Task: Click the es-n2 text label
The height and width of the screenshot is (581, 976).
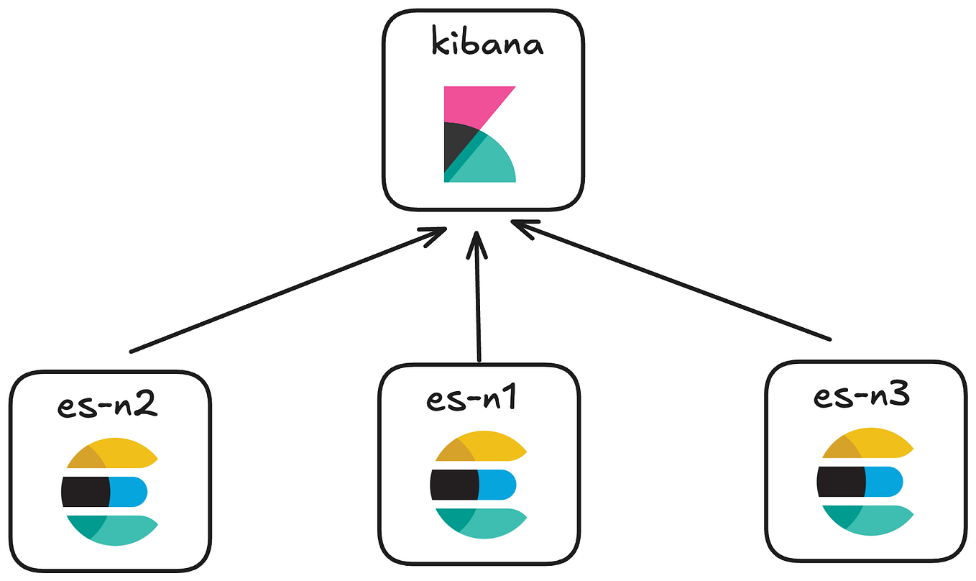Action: coord(107,406)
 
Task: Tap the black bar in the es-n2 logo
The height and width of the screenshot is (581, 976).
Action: coord(84,492)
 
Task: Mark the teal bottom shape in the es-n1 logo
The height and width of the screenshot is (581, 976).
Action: coord(489,523)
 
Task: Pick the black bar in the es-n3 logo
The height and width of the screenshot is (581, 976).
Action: coord(840,481)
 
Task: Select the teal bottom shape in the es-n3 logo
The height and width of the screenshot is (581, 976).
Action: coord(873,521)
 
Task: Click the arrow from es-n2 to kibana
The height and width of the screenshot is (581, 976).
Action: coord(287,290)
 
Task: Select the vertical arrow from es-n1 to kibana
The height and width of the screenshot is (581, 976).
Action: coord(478,302)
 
